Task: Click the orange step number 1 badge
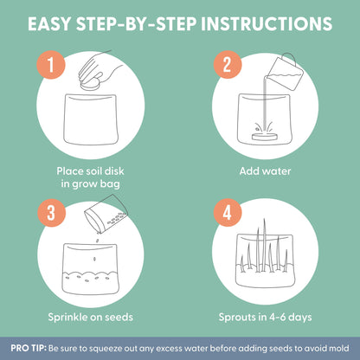(51, 65)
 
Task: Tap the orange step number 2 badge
(228, 65)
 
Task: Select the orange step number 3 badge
(51, 213)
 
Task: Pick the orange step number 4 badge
(228, 213)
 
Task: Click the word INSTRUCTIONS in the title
(267, 23)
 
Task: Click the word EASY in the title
(49, 23)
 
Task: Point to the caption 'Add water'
(265, 171)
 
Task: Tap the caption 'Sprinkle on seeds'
(90, 317)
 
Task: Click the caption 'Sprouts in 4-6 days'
(265, 318)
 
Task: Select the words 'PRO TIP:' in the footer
(29, 348)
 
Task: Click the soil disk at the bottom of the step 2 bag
(265, 136)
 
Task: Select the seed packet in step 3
(106, 214)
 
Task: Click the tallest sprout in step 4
(264, 245)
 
